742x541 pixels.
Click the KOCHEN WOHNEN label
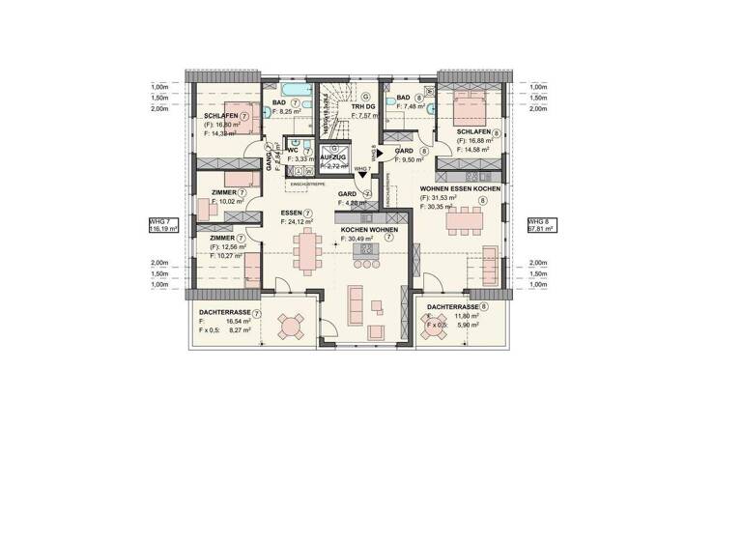366,230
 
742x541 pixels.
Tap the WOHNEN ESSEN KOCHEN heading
459,189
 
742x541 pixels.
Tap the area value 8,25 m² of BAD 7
287,112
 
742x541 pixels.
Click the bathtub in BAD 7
283,92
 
